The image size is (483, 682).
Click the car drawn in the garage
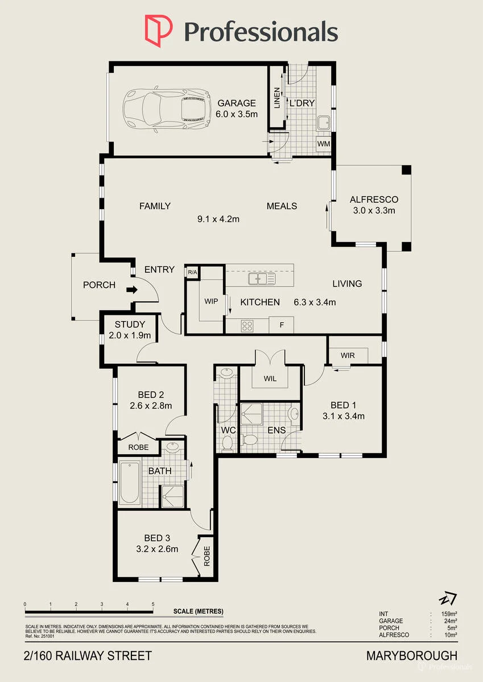[x=167, y=109]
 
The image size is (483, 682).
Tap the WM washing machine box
[x=323, y=143]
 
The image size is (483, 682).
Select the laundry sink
[x=323, y=123]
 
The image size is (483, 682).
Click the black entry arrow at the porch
[x=132, y=289]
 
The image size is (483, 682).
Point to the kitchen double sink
[x=262, y=278]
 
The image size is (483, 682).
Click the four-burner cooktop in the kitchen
[x=247, y=326]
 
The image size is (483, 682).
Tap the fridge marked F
[x=282, y=325]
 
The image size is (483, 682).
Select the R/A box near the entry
[x=192, y=272]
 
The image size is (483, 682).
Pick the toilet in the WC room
[x=228, y=443]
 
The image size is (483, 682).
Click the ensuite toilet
[x=250, y=439]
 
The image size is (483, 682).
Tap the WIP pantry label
[x=211, y=301]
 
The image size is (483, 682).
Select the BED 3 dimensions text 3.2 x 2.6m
[x=157, y=548]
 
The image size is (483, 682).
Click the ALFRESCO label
[x=374, y=199]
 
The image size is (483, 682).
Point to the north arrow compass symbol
[x=448, y=598]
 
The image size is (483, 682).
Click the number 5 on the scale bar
[x=153, y=604]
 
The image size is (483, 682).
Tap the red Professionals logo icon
[x=159, y=31]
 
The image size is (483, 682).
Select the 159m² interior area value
[x=449, y=614]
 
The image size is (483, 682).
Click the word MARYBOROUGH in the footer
[x=412, y=656]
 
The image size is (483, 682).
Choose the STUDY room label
[x=130, y=325]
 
